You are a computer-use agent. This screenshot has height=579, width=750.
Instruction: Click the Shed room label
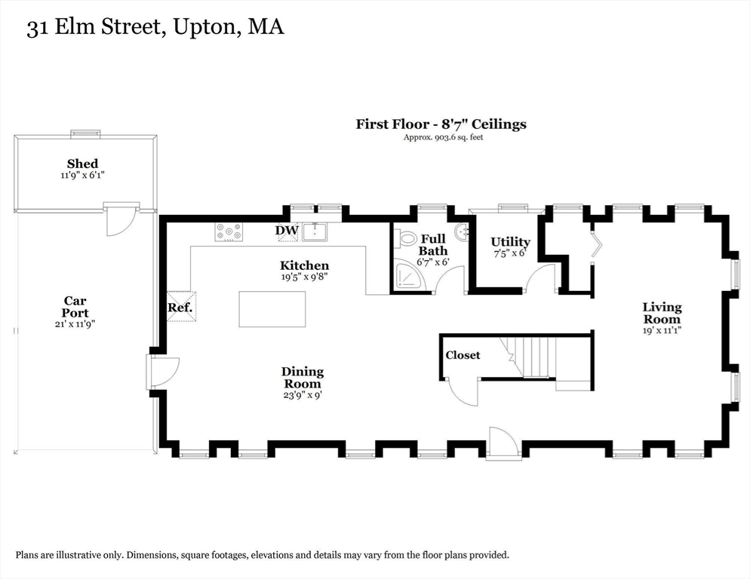pyautogui.click(x=82, y=164)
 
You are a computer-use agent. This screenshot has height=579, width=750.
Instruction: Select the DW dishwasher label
pyautogui.click(x=286, y=230)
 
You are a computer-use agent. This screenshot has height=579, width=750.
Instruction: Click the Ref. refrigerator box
pyautogui.click(x=180, y=307)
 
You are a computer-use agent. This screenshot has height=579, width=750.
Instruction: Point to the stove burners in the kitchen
pyautogui.click(x=229, y=231)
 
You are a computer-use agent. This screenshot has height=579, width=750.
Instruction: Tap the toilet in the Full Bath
pyautogui.click(x=407, y=238)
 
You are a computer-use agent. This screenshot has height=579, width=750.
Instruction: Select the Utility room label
pyautogui.click(x=510, y=242)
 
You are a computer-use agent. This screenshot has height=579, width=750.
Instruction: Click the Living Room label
pyautogui.click(x=662, y=313)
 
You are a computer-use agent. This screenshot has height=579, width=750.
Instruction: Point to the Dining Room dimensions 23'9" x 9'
pyautogui.click(x=303, y=394)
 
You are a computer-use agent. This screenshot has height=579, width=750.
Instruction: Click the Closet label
pyautogui.click(x=463, y=355)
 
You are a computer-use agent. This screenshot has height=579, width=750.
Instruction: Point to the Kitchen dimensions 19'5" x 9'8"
pyautogui.click(x=304, y=277)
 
